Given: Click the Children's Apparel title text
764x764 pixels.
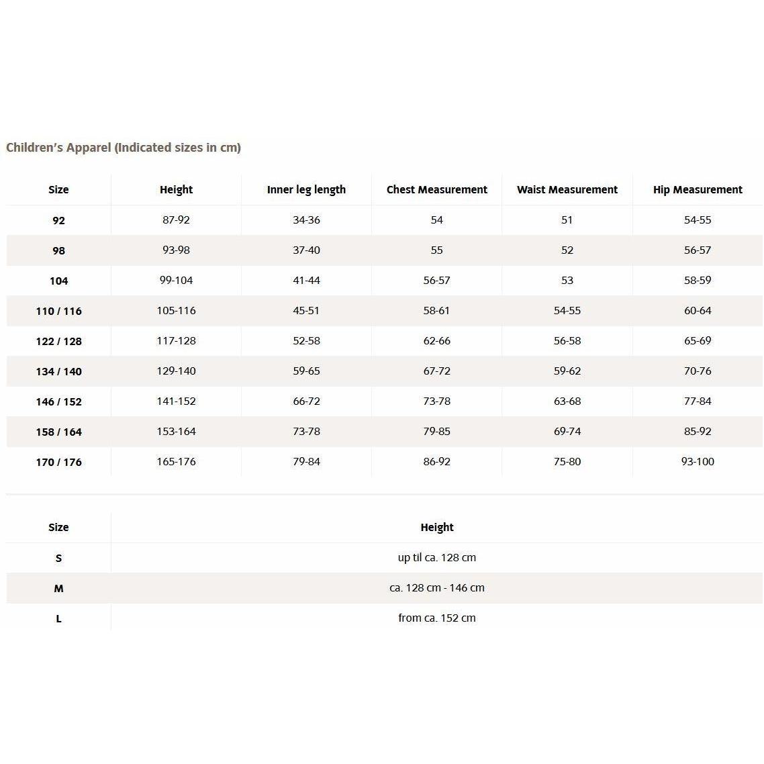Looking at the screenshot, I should (x=124, y=148).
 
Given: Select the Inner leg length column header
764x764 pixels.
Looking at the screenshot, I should (x=306, y=190).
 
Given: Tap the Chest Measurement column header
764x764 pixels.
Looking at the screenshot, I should (x=436, y=190).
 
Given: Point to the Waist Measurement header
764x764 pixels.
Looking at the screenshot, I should (x=567, y=190).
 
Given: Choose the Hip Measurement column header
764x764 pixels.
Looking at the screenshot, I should (x=698, y=190).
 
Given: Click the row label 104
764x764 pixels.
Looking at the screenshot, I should (x=58, y=281).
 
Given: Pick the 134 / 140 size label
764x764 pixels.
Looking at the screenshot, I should (x=58, y=372).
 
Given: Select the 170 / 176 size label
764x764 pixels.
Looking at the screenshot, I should (x=58, y=463).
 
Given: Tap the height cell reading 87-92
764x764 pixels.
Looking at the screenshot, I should (x=176, y=220).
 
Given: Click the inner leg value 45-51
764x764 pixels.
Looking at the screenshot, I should (x=306, y=311).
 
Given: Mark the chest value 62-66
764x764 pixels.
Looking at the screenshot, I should (x=436, y=341).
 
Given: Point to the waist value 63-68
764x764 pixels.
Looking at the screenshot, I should (x=567, y=401).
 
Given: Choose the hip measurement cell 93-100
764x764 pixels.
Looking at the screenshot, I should (x=698, y=462).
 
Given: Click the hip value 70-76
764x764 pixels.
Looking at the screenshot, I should (x=698, y=371).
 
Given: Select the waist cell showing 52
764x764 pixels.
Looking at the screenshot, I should (x=567, y=250).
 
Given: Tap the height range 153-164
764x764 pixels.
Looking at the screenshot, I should (x=176, y=432).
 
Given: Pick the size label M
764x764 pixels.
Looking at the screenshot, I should (x=58, y=589).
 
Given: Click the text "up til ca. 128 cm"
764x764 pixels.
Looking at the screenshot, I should (x=436, y=558).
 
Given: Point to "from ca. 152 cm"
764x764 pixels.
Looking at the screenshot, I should (x=436, y=618).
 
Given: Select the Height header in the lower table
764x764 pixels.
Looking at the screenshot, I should (x=436, y=528).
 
